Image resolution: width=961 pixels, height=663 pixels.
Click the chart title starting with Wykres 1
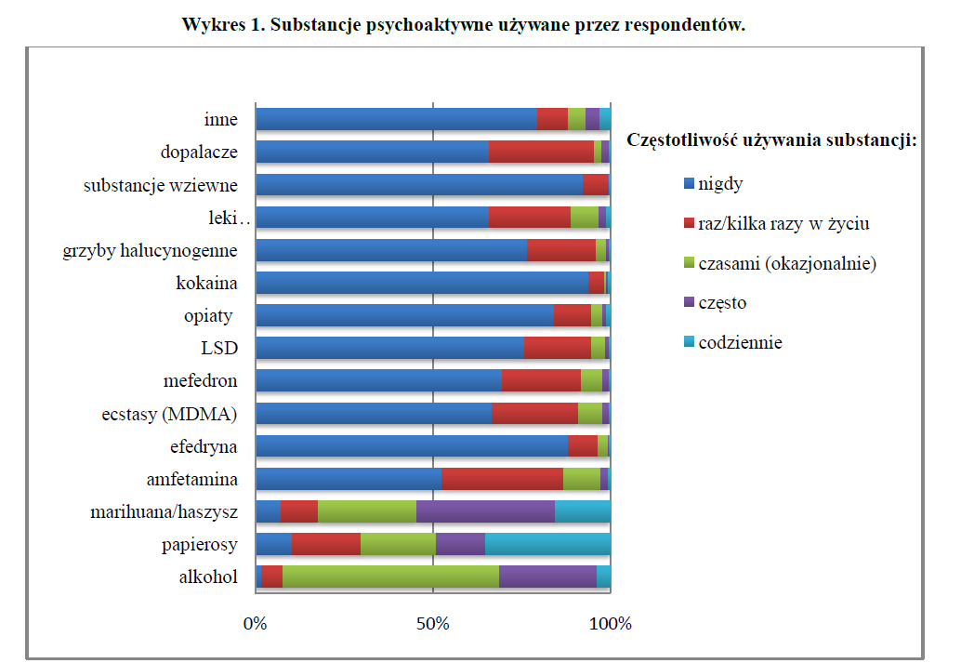(464, 25)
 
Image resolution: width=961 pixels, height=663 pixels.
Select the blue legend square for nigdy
(688, 184)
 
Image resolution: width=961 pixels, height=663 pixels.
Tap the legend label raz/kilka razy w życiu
(783, 224)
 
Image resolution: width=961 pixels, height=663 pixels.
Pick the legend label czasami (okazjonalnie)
(787, 263)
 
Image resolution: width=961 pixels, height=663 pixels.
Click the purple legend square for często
(688, 303)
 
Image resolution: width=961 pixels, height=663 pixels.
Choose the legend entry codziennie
(740, 342)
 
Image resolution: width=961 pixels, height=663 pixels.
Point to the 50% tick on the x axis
(433, 623)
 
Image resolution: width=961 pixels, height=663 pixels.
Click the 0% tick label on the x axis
(255, 623)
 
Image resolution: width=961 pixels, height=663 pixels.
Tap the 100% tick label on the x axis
(611, 623)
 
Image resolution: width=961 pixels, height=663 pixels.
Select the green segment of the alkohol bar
(390, 577)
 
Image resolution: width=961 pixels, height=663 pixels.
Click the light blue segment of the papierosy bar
(547, 544)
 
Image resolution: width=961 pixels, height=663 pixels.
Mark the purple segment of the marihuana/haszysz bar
(485, 511)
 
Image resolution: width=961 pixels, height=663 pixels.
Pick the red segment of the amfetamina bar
(502, 479)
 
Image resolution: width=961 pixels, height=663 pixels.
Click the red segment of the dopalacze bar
(541, 152)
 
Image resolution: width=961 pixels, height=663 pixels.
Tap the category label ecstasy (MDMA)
(169, 414)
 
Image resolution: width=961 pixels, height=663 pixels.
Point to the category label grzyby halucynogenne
(150, 250)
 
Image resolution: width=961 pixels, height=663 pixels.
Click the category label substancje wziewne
(161, 185)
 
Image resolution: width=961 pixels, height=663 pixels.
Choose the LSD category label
(219, 349)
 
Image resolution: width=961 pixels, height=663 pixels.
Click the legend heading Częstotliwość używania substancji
(772, 140)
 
